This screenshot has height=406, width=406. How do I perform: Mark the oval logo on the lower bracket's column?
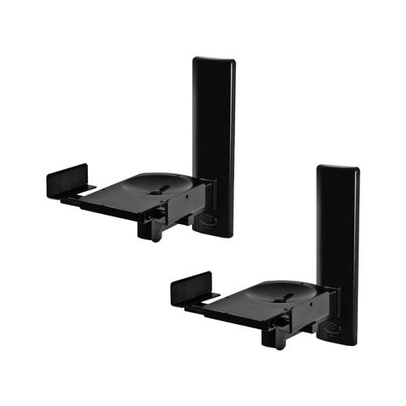[332, 332]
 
